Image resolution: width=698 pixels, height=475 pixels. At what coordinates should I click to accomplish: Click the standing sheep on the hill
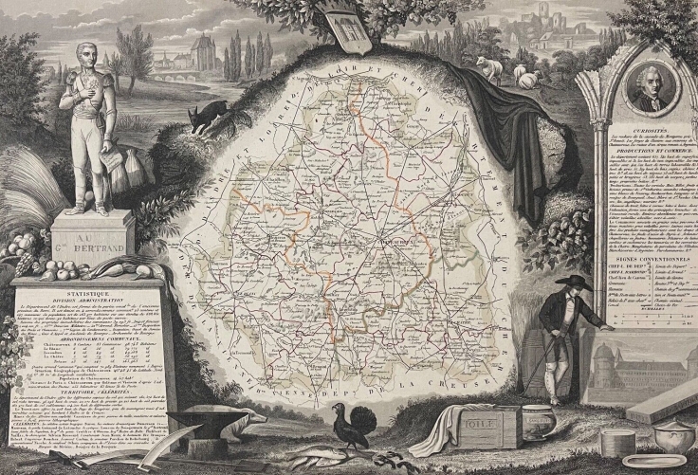pos(489,69)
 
